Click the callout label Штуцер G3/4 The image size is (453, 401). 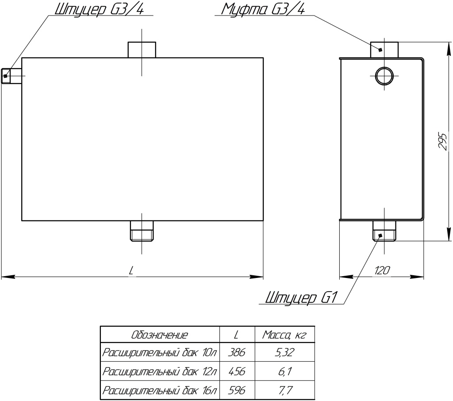click(x=100, y=10)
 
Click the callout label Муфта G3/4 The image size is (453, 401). click(x=263, y=10)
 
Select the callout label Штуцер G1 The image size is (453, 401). click(x=302, y=297)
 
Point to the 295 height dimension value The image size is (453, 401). click(x=443, y=141)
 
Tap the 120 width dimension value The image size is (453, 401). click(x=382, y=270)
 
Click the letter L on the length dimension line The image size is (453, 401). click(x=131, y=270)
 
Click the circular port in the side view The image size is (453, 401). click(x=384, y=76)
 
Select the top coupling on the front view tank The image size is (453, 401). click(x=142, y=50)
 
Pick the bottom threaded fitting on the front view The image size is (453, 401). click(x=142, y=231)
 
